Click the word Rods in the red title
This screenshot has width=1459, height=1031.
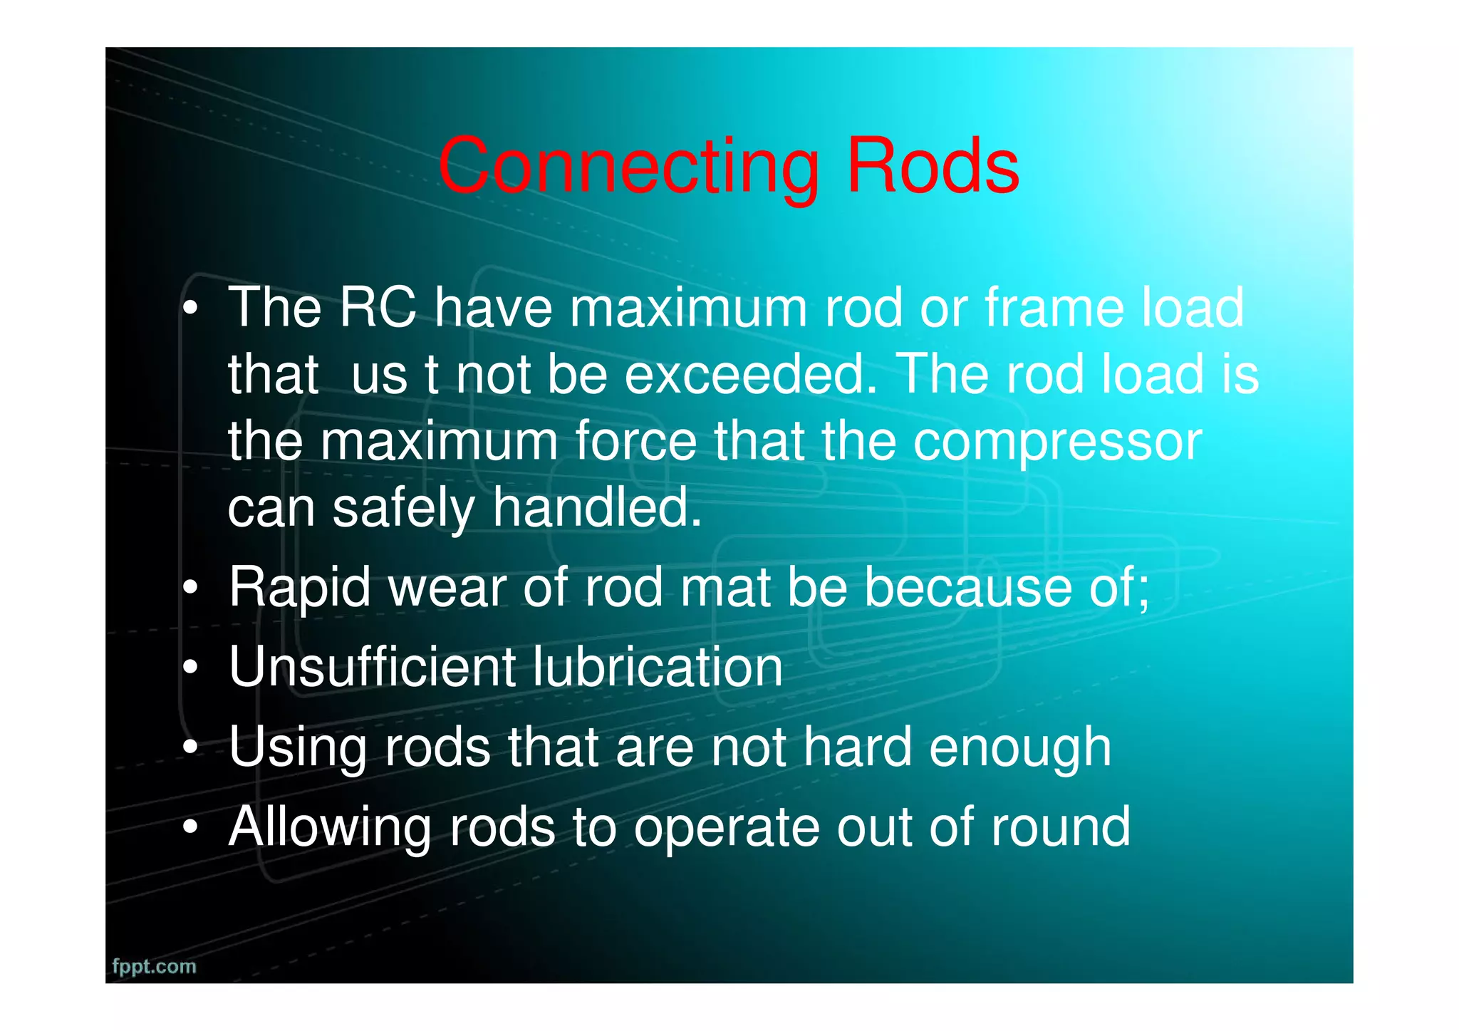[933, 167]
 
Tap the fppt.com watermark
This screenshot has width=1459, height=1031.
[154, 966]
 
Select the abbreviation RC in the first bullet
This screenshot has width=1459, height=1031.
[378, 308]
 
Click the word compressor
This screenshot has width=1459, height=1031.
[1057, 441]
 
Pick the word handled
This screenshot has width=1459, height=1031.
[597, 507]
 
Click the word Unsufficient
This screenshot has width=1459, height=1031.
[370, 668]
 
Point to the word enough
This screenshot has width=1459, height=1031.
[1020, 748]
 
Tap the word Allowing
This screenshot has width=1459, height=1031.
[329, 828]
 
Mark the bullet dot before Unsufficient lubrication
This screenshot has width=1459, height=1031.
[189, 668]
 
